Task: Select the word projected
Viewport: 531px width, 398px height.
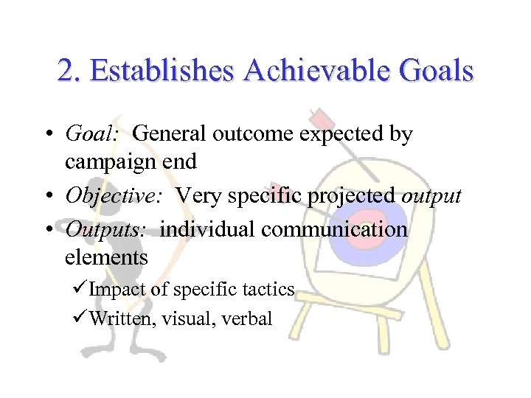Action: [352, 196]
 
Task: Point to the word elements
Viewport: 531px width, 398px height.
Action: [106, 257]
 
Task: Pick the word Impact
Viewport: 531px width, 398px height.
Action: [118, 290]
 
